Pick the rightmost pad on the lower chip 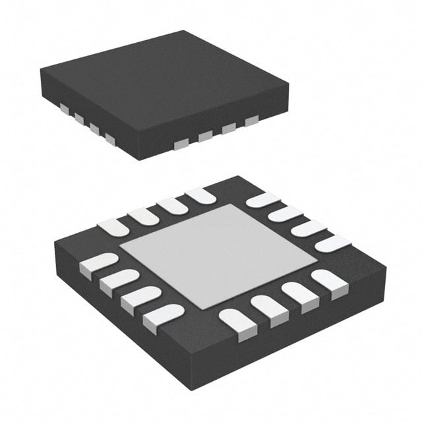(x=334, y=243)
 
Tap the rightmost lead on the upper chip (x=251, y=121)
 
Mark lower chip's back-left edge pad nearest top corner (x=201, y=195)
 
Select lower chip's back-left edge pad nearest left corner (x=113, y=227)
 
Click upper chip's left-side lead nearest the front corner (x=109, y=139)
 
